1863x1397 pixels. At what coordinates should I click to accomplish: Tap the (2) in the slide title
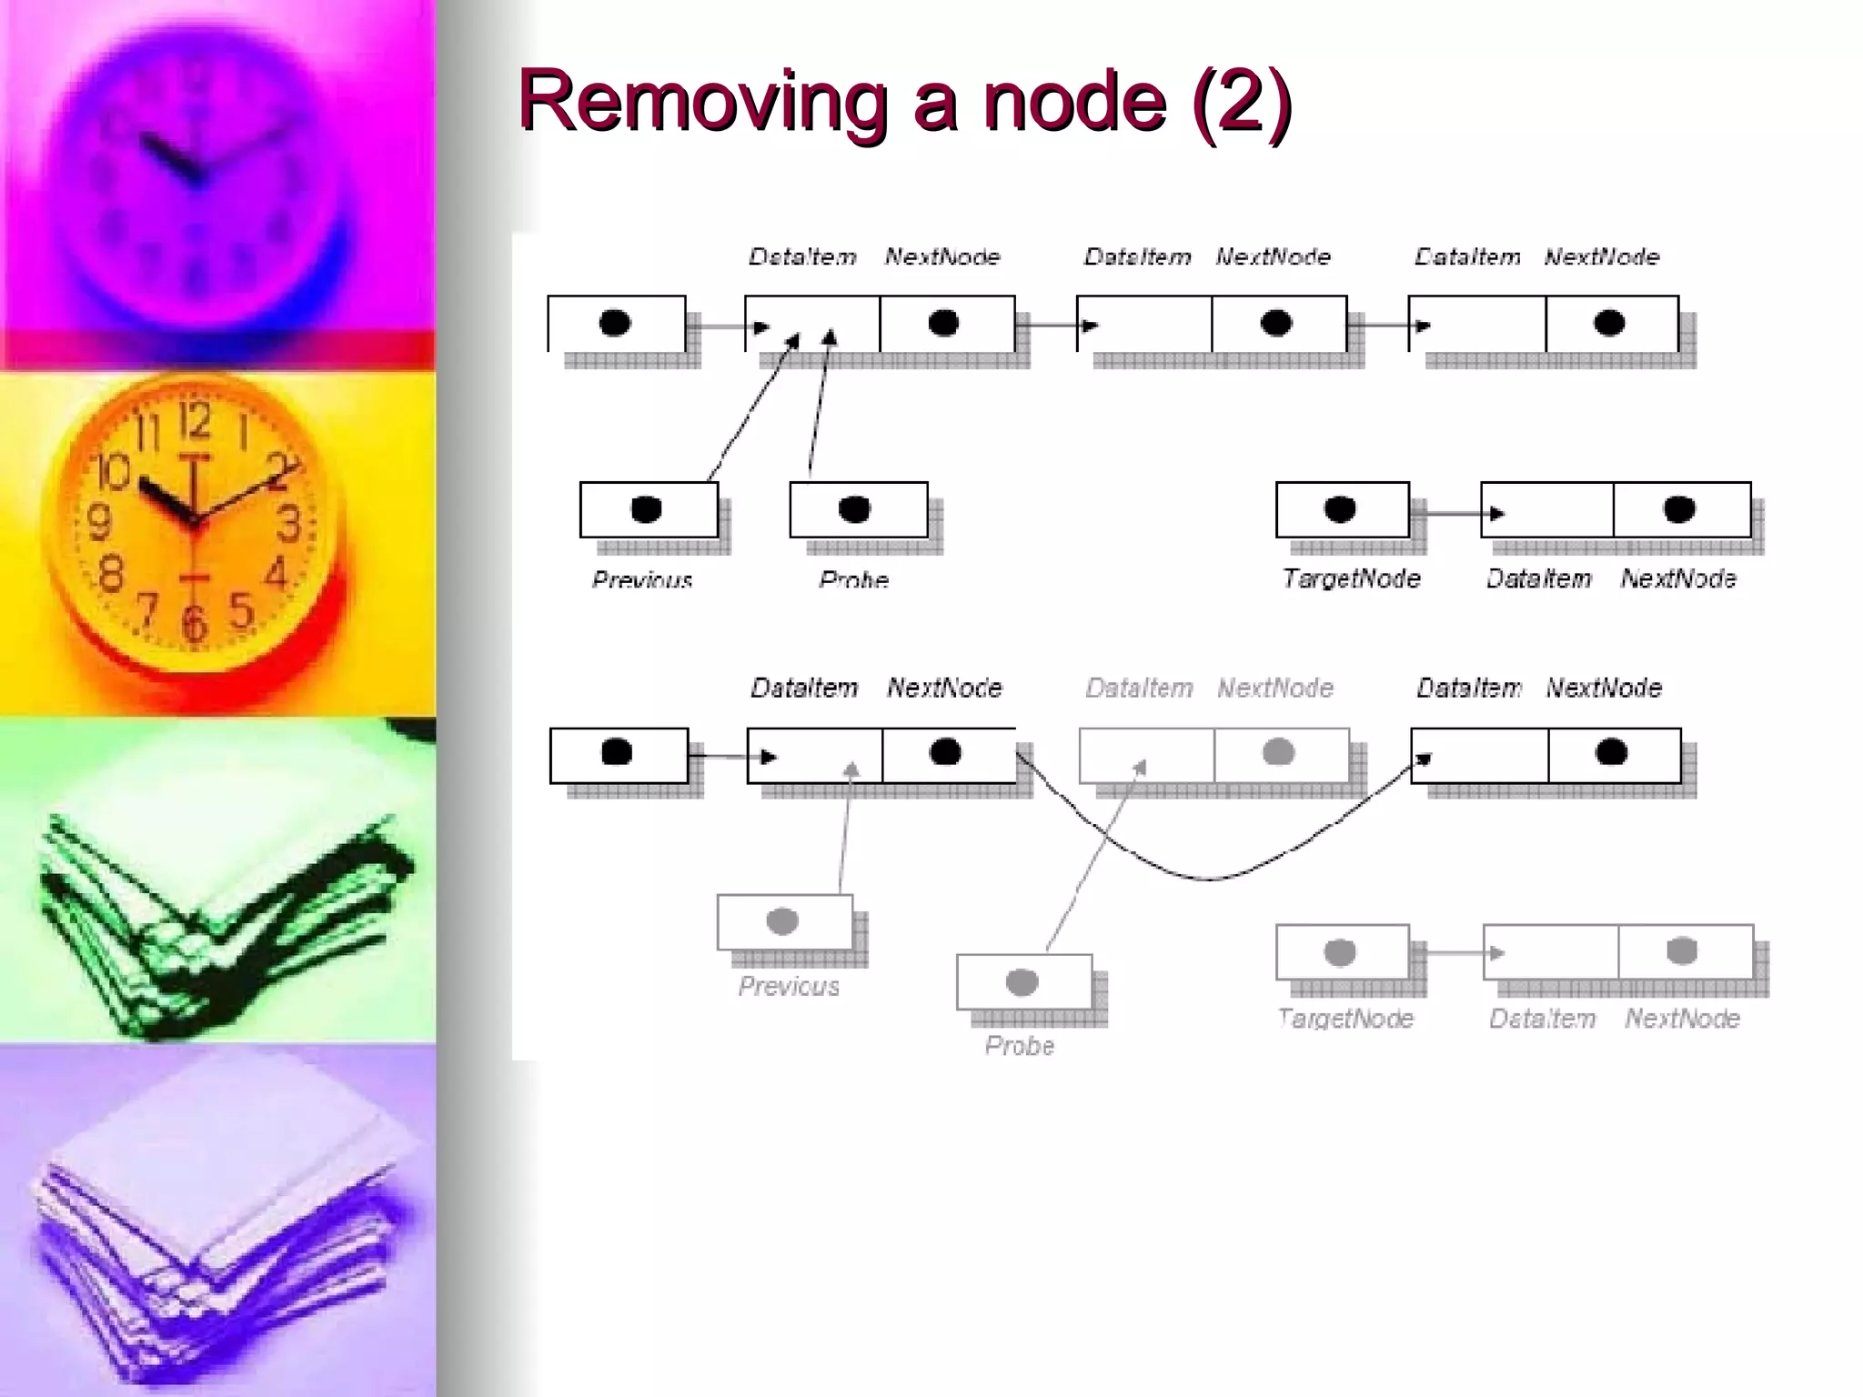click(x=1241, y=102)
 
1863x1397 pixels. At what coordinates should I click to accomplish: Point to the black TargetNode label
click(x=1351, y=578)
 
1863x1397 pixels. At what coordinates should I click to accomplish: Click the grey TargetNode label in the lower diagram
click(x=1345, y=1019)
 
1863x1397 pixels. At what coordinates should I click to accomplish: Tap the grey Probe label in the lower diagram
click(x=1020, y=1046)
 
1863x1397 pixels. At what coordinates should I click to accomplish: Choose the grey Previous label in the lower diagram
click(x=789, y=986)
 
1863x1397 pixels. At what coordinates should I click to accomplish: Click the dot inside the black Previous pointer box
click(x=646, y=509)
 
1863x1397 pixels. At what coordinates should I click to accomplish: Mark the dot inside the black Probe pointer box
click(x=854, y=509)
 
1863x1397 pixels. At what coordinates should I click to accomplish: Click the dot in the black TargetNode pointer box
click(x=1340, y=509)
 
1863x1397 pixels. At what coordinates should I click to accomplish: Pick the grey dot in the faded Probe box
click(x=1022, y=982)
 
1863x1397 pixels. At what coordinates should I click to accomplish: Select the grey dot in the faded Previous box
click(x=782, y=921)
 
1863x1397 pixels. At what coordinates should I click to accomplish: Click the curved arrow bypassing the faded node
click(x=1210, y=878)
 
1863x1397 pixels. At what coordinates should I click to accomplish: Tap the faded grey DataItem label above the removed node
click(x=1139, y=688)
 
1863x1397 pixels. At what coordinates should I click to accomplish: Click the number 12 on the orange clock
click(x=194, y=420)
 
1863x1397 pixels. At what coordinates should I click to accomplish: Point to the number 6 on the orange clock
click(x=194, y=624)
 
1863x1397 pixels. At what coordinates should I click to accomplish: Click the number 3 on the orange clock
click(x=289, y=525)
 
